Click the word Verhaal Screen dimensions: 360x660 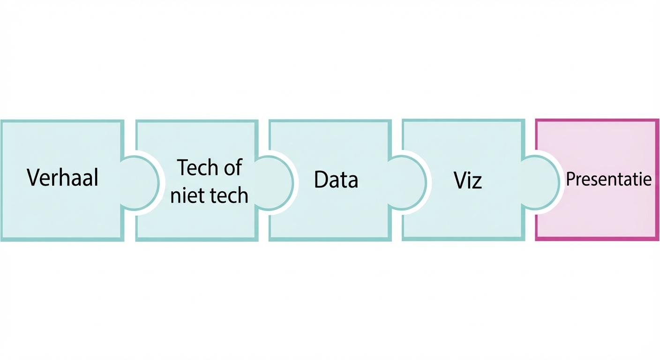[x=62, y=178]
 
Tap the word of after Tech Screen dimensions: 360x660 [x=233, y=168]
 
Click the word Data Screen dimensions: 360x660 [x=336, y=180]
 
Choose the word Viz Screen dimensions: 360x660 [x=468, y=180]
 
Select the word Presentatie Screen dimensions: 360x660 [x=608, y=179]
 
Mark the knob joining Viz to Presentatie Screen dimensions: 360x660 [x=540, y=182]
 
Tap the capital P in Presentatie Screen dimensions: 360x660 [x=570, y=179]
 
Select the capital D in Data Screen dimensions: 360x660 [x=321, y=180]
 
